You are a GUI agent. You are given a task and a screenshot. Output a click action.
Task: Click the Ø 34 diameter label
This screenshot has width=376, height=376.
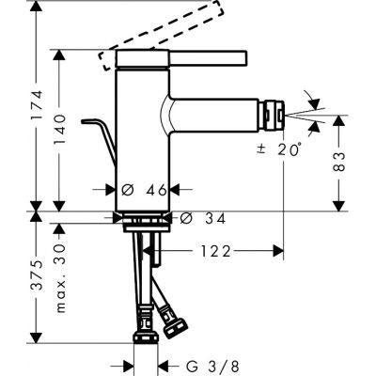[x=197, y=219]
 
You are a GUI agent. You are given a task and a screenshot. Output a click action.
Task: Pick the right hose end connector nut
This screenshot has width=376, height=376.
[x=176, y=327]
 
